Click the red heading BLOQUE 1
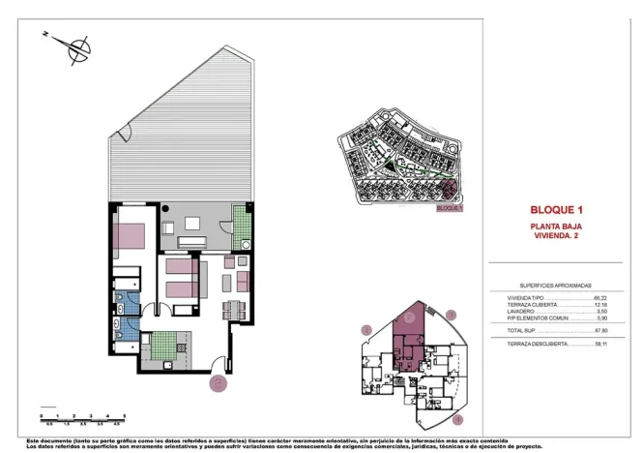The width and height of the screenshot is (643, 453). (x=556, y=209)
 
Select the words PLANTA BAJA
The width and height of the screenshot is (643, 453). (x=556, y=226)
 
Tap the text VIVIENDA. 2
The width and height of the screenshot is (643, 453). (x=556, y=235)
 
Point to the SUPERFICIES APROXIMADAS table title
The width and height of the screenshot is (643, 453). (x=555, y=287)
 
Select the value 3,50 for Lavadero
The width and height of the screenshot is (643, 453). (x=600, y=311)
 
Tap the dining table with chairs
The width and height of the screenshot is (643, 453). (x=232, y=310)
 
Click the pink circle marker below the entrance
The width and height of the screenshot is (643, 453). (x=219, y=383)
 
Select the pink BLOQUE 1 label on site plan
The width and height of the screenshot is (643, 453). (x=451, y=207)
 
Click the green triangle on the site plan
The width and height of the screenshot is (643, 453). (x=390, y=173)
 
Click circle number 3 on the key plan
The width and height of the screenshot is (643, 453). (x=451, y=315)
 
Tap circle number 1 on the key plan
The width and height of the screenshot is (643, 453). (x=366, y=330)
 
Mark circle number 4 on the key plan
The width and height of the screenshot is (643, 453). (x=458, y=419)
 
